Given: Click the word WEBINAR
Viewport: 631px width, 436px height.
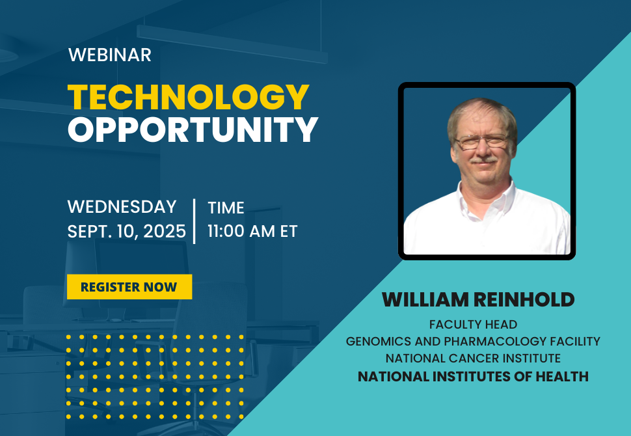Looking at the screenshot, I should pos(109,55).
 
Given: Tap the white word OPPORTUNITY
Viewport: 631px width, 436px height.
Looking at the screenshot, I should pos(193,130).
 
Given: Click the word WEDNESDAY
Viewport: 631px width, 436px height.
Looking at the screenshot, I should pos(122,207).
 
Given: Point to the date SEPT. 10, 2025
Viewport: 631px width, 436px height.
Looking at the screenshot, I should pos(127,231).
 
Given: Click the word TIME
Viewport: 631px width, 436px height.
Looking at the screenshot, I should pos(226,208).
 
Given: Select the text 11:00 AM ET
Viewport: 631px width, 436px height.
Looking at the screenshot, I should pos(252,231).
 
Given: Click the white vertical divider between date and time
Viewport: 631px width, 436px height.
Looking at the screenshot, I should pos(195,221).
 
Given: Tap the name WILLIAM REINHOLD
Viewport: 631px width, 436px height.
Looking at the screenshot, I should pos(478,299).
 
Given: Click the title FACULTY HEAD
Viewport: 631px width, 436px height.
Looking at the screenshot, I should pos(473,324).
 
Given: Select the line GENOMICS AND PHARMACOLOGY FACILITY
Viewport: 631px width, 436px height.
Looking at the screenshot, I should pos(473,341).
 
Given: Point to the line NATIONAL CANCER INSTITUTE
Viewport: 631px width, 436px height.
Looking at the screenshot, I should pos(473,359).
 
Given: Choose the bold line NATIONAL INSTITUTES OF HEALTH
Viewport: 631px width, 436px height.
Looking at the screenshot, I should pos(473,376).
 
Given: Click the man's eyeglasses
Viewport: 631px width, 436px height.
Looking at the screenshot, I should pos(481,140).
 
